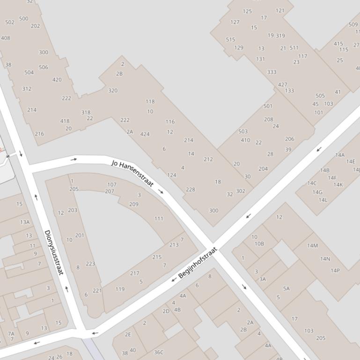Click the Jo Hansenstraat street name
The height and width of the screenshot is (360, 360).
click(x=132, y=173)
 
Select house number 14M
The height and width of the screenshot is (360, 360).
click(x=312, y=245)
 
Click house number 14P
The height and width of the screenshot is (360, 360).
click(x=335, y=270)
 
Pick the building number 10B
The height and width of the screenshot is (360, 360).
click(x=259, y=244)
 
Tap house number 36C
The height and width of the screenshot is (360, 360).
click(x=159, y=352)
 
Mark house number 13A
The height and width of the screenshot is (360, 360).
click(x=25, y=222)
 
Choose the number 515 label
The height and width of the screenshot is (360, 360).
click(x=230, y=39)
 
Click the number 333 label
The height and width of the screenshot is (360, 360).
click(x=272, y=72)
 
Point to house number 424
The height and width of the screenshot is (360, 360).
click(x=145, y=134)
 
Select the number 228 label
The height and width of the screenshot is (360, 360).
click(x=191, y=189)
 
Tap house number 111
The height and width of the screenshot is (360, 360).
click(x=159, y=218)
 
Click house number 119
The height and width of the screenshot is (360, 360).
click(x=120, y=289)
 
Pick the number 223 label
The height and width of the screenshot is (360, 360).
click(x=90, y=264)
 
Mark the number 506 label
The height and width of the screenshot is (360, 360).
click(x=44, y=67)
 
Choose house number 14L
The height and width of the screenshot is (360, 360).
click(x=323, y=200)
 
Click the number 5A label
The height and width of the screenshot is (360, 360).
click(x=287, y=288)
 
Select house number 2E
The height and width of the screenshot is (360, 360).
click(x=128, y=334)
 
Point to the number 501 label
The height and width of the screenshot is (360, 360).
click(x=268, y=106)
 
